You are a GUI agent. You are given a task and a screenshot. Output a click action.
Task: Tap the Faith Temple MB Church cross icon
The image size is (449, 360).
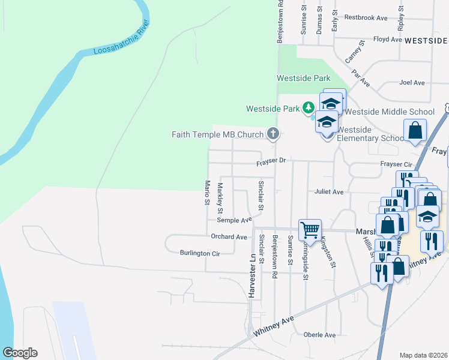coord(273,134)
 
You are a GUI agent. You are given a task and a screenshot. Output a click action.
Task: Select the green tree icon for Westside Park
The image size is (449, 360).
coord(309,108)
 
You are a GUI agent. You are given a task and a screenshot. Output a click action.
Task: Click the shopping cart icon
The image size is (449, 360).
coord(310,229)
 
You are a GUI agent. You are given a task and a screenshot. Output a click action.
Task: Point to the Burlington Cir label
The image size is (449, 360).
coord(200,254)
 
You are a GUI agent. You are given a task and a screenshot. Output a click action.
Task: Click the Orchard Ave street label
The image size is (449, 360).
coord(229,237)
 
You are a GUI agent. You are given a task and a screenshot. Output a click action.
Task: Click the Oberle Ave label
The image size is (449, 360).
coord(319,335)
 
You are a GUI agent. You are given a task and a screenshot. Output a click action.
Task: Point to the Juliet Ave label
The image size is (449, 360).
coord(328,192)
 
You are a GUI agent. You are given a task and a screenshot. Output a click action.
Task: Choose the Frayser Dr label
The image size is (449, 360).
coord(273,161)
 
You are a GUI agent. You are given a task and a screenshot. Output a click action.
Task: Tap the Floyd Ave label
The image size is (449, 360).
coord(387,40)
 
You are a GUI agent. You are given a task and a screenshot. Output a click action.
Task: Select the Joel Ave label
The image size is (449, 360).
coord(412,83)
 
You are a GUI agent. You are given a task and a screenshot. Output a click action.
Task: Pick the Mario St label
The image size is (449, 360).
coord(207,193)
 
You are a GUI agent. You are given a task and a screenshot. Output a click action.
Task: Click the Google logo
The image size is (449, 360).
coord(20,353)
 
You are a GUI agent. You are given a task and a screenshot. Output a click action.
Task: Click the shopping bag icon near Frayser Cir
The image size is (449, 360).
coord(415,130)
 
